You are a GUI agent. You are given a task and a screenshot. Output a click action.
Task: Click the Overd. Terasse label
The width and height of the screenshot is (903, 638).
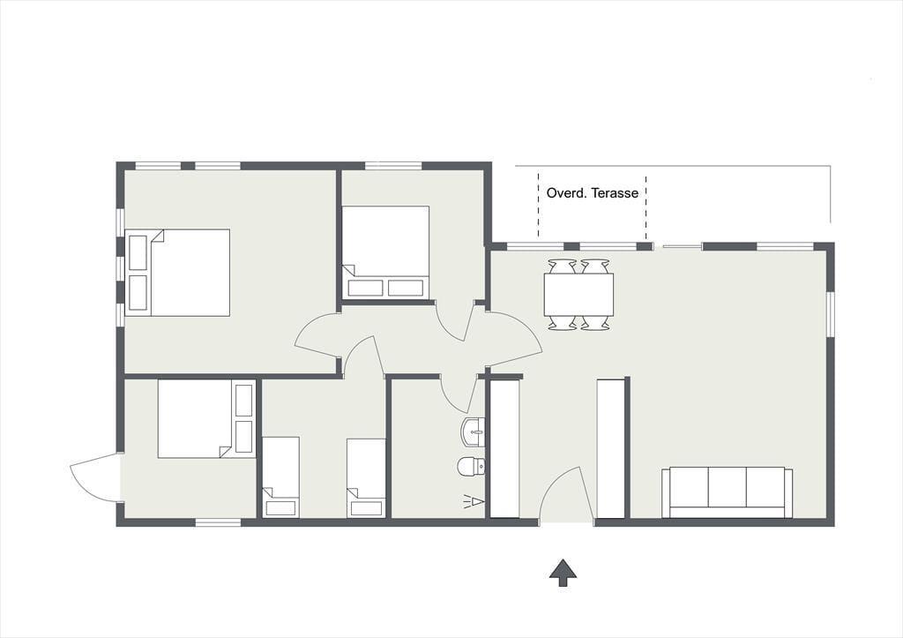coord(592,192)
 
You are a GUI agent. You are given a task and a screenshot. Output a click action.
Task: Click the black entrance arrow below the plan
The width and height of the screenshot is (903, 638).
coord(563,573)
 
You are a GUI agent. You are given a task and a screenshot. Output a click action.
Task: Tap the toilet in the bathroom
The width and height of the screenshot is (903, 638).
coord(471,466)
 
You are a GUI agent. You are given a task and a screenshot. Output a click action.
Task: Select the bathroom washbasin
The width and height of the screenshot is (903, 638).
coord(473,432)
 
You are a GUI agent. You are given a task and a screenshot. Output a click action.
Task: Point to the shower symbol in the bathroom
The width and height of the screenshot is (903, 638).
coord(474,502)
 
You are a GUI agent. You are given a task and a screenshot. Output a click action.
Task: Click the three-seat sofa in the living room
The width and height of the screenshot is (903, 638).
coord(727,492)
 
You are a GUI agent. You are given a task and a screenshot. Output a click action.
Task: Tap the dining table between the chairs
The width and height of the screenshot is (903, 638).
coord(578,294)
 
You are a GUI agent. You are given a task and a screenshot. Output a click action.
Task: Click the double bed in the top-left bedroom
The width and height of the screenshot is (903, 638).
coord(177,273)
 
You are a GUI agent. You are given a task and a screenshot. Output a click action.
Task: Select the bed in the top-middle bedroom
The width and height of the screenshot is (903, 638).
coord(385,251)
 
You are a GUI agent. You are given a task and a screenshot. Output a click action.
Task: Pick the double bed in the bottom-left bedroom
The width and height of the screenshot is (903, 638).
coord(206,418)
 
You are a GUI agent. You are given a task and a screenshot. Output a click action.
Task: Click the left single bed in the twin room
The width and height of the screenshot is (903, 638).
coord(281,477)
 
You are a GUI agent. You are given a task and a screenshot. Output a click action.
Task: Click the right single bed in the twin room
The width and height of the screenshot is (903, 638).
coord(366,478)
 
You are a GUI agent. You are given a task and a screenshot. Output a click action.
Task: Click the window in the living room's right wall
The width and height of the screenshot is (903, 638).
coord(831,314)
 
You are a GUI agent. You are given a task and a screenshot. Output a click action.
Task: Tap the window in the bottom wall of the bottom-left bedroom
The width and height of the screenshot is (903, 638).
coord(218,522)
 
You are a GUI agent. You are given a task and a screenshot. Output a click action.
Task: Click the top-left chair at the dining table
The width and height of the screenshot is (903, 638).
coord(562,266)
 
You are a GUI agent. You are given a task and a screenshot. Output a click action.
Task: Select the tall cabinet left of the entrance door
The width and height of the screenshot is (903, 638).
coord(504,448)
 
